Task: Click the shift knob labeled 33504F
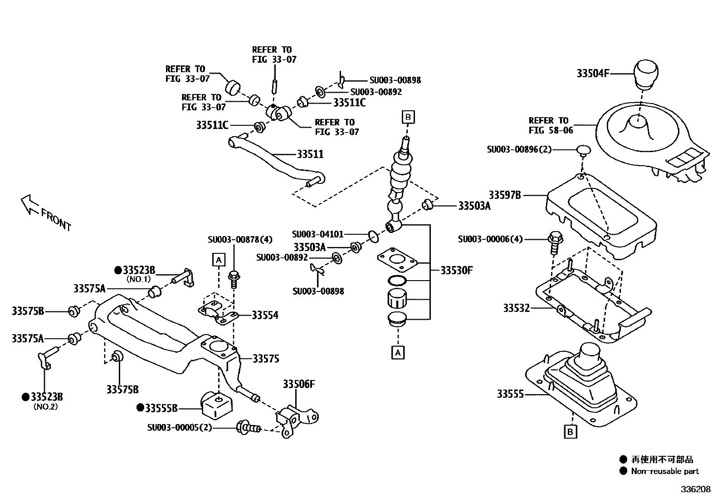point(646,74)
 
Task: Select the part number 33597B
point(504,195)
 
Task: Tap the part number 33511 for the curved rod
point(310,154)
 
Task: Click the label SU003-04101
point(317,234)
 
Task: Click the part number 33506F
point(298,384)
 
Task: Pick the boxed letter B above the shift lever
point(408,117)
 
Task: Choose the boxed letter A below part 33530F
point(398,352)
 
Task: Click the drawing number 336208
point(695,489)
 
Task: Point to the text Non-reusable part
point(665,471)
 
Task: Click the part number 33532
point(516,308)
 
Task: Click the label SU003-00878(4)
point(240,239)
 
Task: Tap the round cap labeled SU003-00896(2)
point(583,150)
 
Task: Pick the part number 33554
point(265,315)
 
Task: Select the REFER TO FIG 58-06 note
point(551,125)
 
